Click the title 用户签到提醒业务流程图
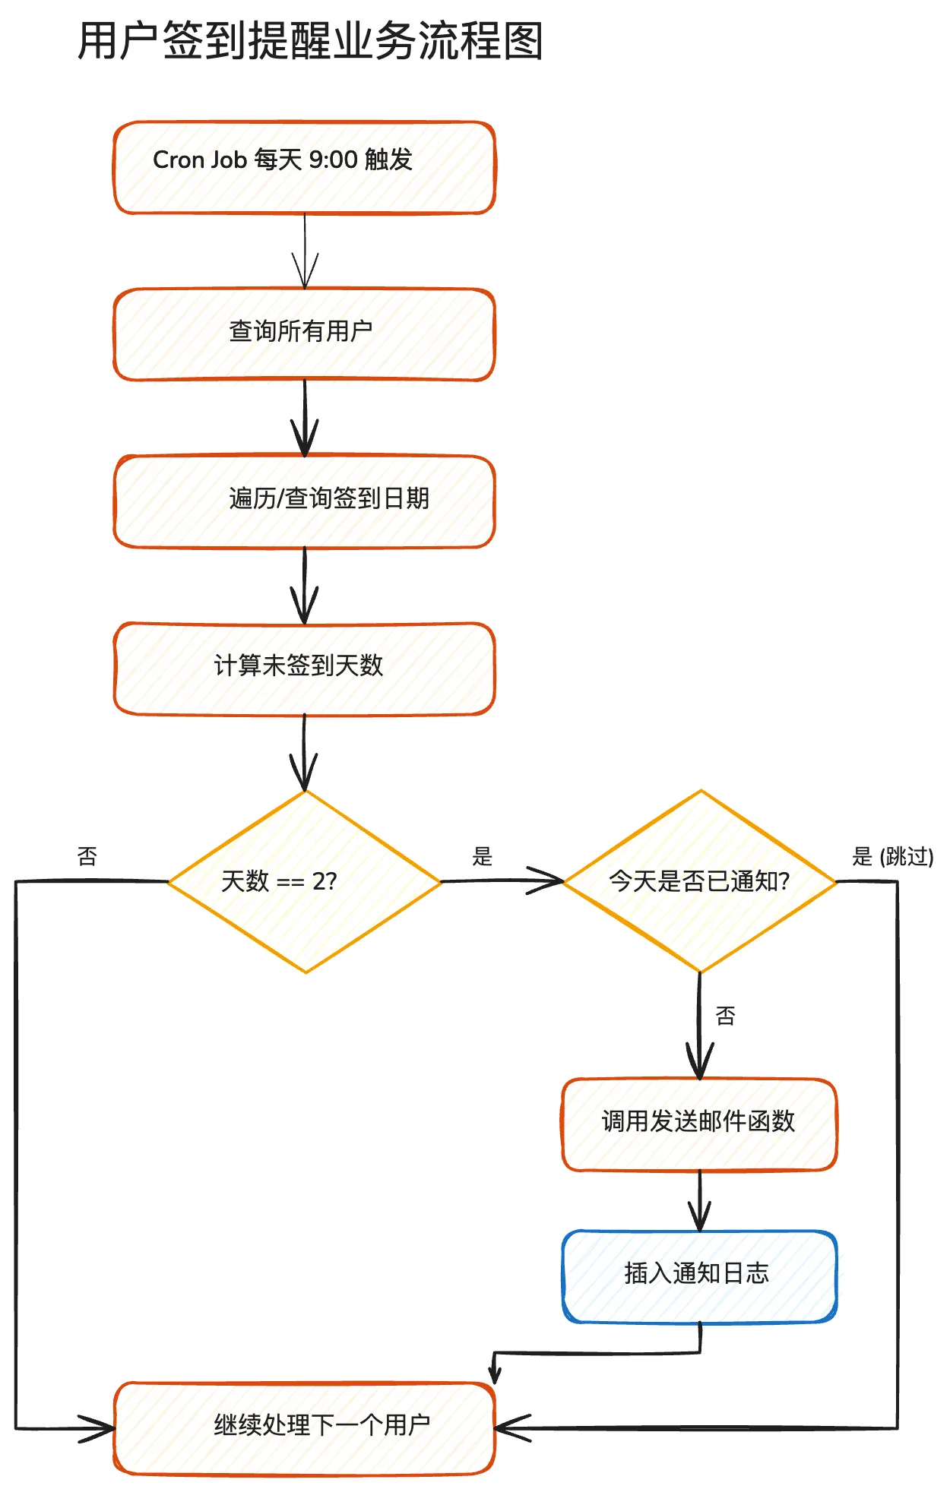tap(310, 41)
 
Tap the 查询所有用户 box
tap(304, 334)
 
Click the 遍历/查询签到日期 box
tap(304, 501)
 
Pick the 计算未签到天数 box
tap(304, 668)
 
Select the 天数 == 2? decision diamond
tap(304, 881)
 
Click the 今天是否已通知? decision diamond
tap(699, 881)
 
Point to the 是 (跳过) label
tap(892, 857)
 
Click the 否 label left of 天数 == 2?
tap(87, 857)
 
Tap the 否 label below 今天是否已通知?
tap(726, 1016)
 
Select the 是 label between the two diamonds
tap(483, 857)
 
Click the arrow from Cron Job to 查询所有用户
tap(305, 251)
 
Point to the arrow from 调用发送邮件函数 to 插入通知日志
tap(699, 1200)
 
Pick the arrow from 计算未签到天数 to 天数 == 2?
tap(304, 752)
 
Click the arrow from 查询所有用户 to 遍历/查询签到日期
tap(305, 418)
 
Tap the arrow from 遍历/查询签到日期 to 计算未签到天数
tap(305, 585)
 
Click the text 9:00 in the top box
tap(333, 160)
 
